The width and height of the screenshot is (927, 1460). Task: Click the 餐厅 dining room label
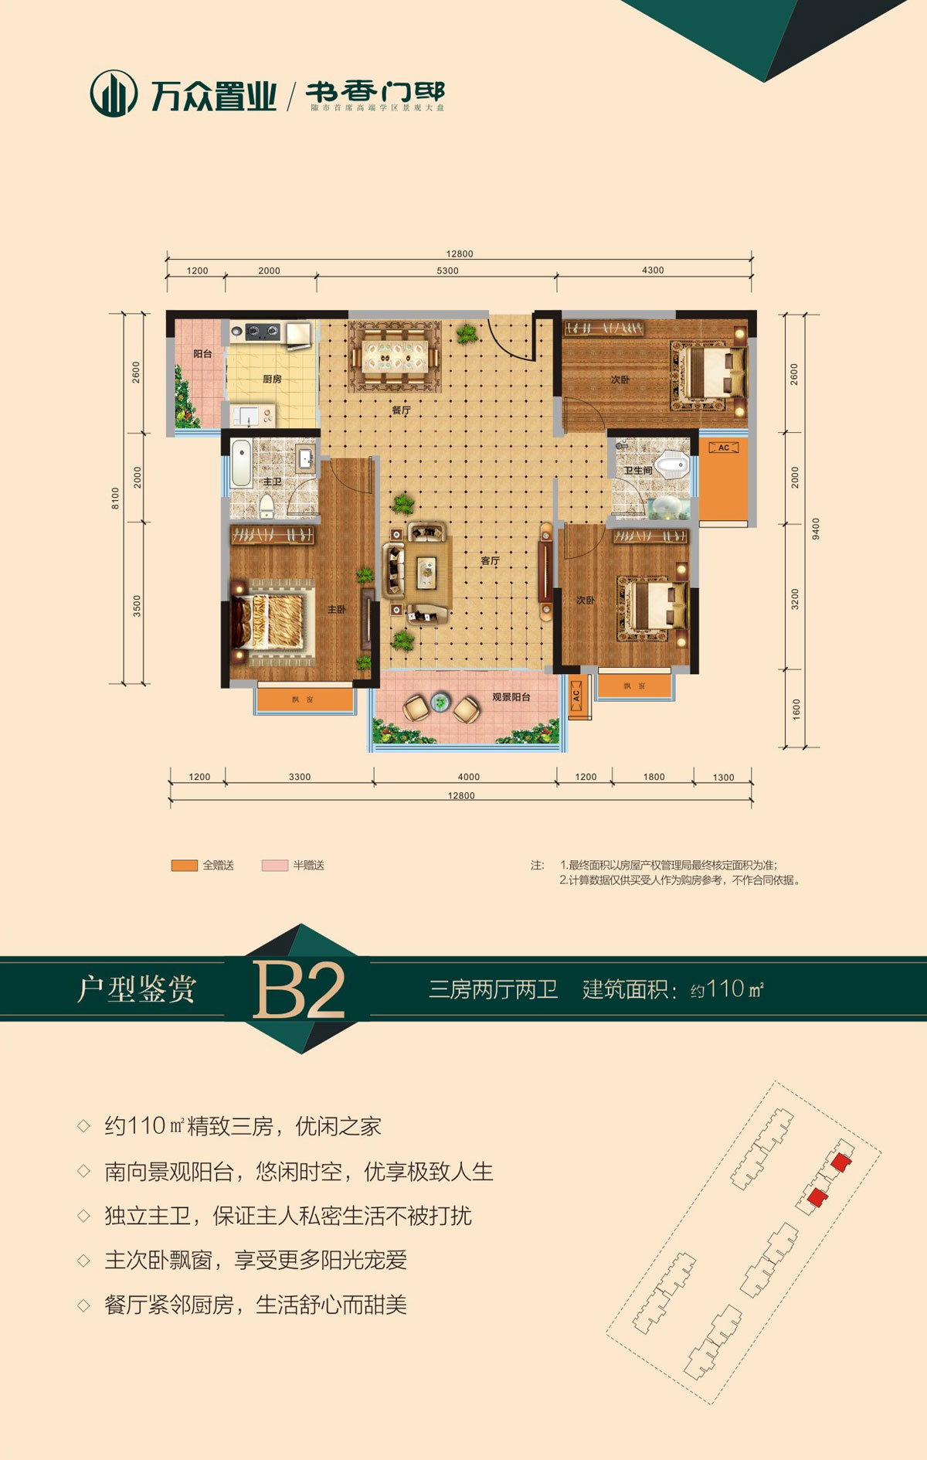click(401, 410)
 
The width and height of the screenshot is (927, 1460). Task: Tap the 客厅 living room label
click(491, 561)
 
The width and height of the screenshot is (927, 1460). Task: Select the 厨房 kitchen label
click(272, 379)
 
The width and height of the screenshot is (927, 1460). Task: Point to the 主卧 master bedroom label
click(337, 610)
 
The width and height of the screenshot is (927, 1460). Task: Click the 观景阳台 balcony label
click(511, 697)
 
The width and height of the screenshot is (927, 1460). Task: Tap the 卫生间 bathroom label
click(638, 471)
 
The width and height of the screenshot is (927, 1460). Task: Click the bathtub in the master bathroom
click(241, 464)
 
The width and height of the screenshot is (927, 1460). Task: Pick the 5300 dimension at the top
click(447, 271)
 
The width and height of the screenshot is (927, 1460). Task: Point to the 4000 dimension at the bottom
click(468, 777)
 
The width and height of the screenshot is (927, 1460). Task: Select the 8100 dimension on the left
click(116, 498)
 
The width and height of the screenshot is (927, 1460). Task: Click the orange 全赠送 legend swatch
click(185, 866)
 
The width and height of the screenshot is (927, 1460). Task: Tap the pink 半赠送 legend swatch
click(274, 866)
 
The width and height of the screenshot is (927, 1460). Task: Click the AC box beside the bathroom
click(724, 448)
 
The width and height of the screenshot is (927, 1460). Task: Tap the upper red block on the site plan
click(840, 1162)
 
